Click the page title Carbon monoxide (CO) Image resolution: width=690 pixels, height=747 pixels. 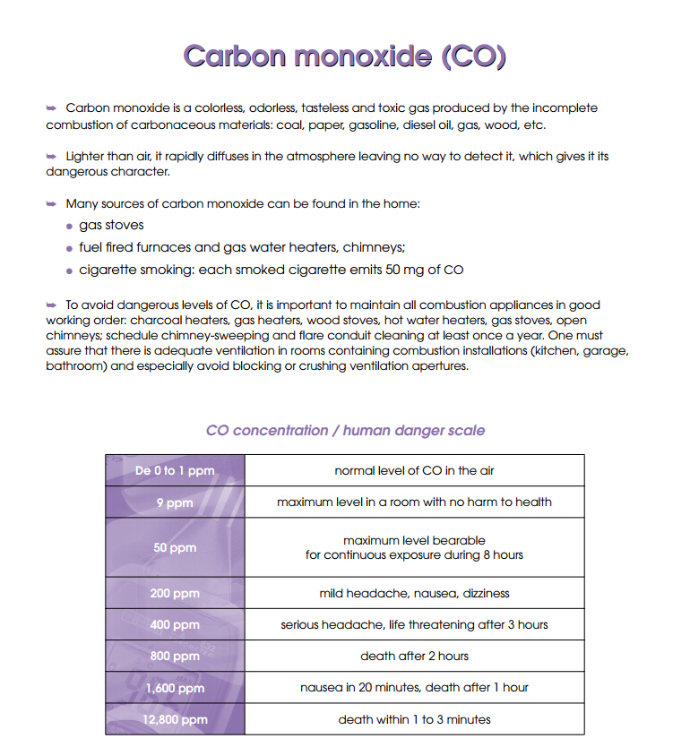point(345,56)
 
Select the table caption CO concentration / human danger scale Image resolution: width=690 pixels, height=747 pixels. point(345,431)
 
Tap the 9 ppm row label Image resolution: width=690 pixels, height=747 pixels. point(175,502)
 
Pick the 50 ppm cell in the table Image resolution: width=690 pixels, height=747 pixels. point(175,547)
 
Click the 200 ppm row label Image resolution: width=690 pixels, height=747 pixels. point(175,593)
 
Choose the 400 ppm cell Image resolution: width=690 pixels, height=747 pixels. point(175,624)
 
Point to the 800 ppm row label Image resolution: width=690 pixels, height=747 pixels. point(175,656)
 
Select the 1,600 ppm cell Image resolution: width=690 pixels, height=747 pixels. point(175,688)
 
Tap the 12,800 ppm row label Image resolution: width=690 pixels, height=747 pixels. point(175,719)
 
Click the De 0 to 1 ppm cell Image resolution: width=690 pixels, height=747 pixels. point(175,470)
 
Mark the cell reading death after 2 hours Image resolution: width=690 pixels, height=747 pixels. point(414,656)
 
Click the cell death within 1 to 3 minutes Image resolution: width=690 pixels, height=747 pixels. point(414,719)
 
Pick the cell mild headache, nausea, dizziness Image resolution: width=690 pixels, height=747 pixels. point(414,593)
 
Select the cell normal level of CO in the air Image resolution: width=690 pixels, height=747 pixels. point(414,470)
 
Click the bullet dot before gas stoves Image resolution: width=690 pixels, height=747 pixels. point(70,227)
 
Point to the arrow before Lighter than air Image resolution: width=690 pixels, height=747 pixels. point(52,157)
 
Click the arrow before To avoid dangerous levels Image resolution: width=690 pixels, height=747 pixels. point(52,305)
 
